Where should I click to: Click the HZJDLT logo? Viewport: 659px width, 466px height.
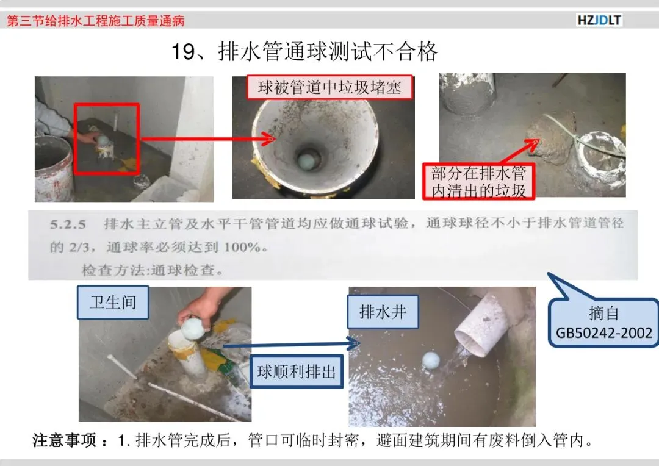click(599, 20)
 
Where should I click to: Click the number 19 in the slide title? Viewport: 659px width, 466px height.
click(184, 52)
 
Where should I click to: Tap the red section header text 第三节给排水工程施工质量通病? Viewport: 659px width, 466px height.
click(96, 21)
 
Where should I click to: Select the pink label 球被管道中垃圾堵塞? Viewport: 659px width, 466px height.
click(329, 87)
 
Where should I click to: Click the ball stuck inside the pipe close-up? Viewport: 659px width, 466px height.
click(306, 162)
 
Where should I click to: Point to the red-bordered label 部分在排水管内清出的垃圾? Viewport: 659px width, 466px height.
click(479, 182)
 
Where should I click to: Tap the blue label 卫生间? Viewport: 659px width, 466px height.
click(113, 302)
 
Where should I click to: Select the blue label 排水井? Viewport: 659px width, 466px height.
click(383, 312)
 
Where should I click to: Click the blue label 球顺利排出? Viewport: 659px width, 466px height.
click(297, 371)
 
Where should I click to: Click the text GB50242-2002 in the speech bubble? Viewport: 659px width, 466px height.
click(604, 333)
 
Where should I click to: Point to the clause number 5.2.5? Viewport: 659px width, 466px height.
click(68, 224)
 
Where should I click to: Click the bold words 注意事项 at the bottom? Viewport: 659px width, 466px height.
click(65, 440)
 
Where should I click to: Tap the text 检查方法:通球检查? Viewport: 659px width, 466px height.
click(152, 270)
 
